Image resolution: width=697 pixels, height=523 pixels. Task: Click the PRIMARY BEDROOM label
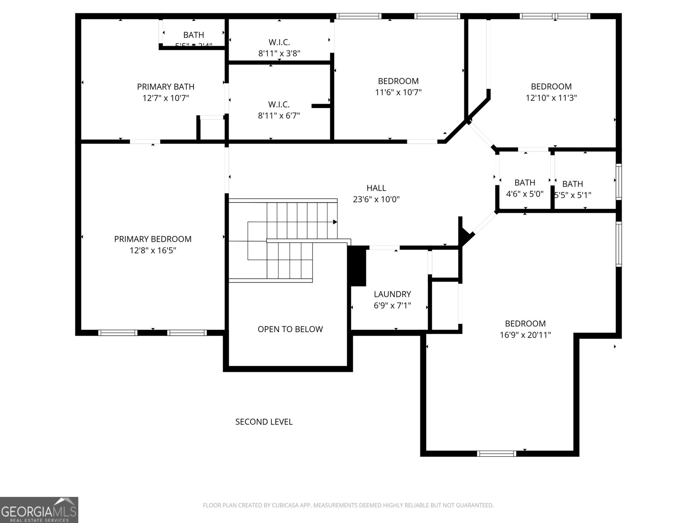point(152,239)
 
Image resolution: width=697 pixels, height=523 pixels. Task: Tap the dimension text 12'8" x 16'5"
point(152,251)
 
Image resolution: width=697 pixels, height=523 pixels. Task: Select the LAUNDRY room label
point(392,294)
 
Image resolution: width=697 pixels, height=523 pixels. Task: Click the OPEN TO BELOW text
point(290,329)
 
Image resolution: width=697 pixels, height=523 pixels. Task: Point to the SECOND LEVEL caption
point(264,421)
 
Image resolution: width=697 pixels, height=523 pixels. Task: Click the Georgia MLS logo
point(39,509)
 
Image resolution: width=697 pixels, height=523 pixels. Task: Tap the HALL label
point(376,188)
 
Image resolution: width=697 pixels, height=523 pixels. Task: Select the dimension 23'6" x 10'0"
point(376,200)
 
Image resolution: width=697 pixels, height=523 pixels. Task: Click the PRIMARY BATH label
point(166,87)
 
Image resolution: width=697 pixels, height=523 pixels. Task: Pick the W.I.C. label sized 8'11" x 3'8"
point(279,42)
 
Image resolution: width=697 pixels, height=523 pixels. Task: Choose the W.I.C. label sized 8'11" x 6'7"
point(279,105)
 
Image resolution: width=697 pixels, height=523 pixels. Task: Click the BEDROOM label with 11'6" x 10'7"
point(398,81)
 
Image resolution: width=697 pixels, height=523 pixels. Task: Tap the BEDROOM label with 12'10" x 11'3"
point(551,86)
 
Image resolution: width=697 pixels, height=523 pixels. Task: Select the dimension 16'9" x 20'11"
point(525,335)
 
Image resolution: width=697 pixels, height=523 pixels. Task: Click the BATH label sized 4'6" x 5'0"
point(524,183)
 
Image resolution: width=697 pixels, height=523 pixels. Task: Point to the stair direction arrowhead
point(335,222)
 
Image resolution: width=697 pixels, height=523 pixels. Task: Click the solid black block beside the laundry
point(358,266)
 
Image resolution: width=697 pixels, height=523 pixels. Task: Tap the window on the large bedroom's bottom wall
point(497,453)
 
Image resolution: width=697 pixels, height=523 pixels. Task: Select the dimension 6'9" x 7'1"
point(392,306)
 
